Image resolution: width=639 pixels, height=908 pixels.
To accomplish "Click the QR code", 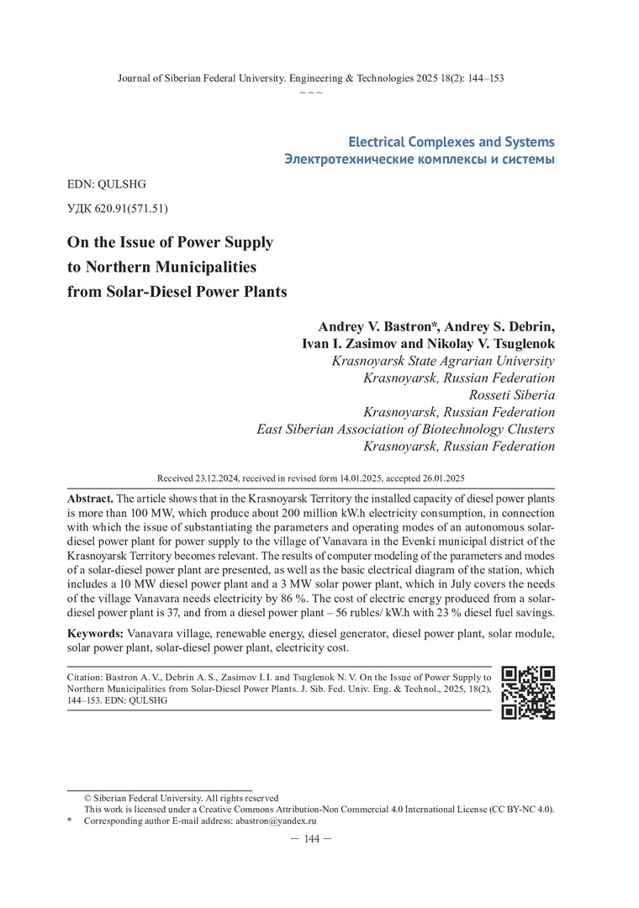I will pos(527,692).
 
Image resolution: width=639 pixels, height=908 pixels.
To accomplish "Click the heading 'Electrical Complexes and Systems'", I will pos(451,141).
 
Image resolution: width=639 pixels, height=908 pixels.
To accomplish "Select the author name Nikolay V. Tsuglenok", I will pos(488,344).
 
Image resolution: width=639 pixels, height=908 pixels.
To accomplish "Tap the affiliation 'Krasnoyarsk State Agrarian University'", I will pos(443,362).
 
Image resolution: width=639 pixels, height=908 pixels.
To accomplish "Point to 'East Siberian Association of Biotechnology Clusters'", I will pos(405,429).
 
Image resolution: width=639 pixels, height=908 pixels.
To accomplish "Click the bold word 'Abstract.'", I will pos(90,499).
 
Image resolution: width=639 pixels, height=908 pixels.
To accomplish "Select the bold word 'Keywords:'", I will pos(95,631).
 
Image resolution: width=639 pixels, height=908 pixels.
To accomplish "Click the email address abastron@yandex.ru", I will pos(275,820).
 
